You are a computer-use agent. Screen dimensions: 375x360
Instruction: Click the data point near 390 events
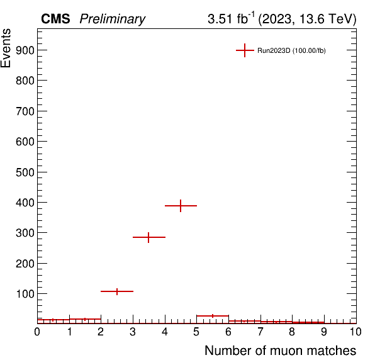tap(181, 206)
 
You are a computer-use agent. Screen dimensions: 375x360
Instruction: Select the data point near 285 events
tap(148, 237)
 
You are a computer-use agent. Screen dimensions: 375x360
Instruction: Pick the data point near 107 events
tap(117, 291)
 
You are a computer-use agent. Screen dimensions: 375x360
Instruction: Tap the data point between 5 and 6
tap(213, 316)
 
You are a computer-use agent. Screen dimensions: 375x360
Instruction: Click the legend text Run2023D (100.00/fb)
tap(291, 51)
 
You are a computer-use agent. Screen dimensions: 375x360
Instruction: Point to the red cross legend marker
tap(245, 50)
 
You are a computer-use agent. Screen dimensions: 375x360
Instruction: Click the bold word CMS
tap(55, 19)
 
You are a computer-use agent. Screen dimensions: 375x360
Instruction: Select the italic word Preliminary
tap(113, 19)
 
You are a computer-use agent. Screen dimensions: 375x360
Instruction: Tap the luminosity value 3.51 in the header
tap(220, 19)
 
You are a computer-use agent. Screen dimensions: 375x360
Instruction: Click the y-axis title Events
tap(6, 48)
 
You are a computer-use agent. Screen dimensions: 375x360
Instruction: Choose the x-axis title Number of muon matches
tap(280, 351)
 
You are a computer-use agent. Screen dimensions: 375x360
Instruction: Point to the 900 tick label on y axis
tap(25, 50)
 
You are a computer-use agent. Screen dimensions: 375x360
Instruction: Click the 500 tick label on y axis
tap(25, 172)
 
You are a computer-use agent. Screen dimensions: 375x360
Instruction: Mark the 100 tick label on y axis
tap(25, 294)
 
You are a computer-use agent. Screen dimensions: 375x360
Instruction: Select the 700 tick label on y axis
tap(25, 111)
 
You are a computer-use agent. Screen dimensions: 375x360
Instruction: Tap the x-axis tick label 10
tap(355, 332)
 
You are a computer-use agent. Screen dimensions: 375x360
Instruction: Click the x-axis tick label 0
tap(37, 332)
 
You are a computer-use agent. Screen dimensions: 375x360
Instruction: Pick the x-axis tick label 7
tap(260, 332)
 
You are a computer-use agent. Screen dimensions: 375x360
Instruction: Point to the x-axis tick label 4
tap(165, 332)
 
